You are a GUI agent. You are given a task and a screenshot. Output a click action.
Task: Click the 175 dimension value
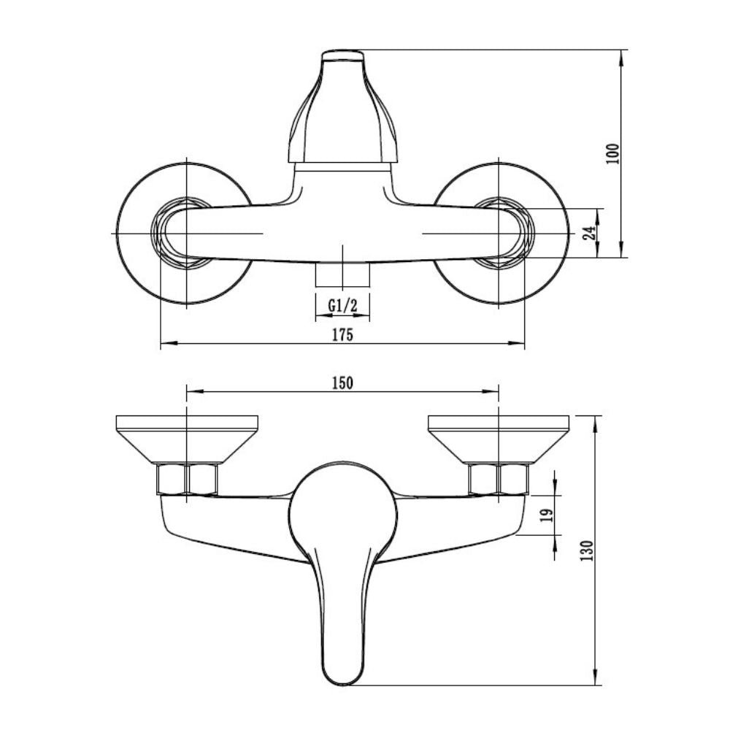[342, 334]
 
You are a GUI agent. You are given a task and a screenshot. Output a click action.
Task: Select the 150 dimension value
[342, 383]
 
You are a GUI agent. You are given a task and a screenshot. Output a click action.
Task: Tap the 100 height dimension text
[613, 153]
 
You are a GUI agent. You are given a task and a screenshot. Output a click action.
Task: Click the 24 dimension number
[591, 232]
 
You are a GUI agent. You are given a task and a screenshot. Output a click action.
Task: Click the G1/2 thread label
[342, 305]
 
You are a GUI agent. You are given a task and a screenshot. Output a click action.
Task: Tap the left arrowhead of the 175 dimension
[169, 344]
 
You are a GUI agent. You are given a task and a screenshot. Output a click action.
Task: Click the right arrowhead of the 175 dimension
[516, 344]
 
